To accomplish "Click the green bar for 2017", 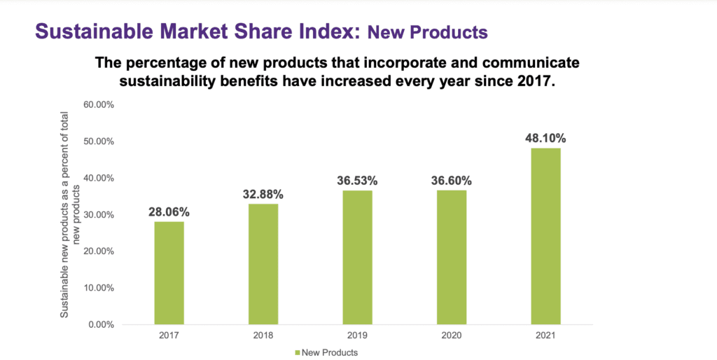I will [x=169, y=272].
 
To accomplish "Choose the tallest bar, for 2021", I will [x=545, y=236].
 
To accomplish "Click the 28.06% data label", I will [x=169, y=210].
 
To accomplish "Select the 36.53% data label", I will [x=357, y=180].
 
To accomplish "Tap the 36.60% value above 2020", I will [x=452, y=180].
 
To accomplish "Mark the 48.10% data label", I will [x=545, y=138].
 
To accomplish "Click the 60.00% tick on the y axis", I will [x=99, y=105].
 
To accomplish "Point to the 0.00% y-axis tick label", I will [x=102, y=324].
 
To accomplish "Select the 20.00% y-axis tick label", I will [x=99, y=251].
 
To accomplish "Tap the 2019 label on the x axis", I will [x=357, y=335].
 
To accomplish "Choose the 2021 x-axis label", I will [x=545, y=335].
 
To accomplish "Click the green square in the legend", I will [x=298, y=352].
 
